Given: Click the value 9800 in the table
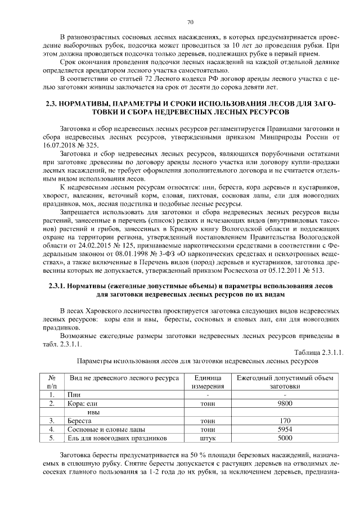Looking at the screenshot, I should point(285,403).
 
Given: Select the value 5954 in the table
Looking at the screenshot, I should point(285,429).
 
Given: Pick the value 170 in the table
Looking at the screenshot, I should point(285,420).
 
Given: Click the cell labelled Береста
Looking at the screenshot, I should point(79,420).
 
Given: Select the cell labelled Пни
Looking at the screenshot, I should point(74,395).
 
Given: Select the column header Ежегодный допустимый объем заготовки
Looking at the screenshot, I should point(285,382).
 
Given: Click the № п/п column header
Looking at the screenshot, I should point(51,382).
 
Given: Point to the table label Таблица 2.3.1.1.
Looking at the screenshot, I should point(318,352).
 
